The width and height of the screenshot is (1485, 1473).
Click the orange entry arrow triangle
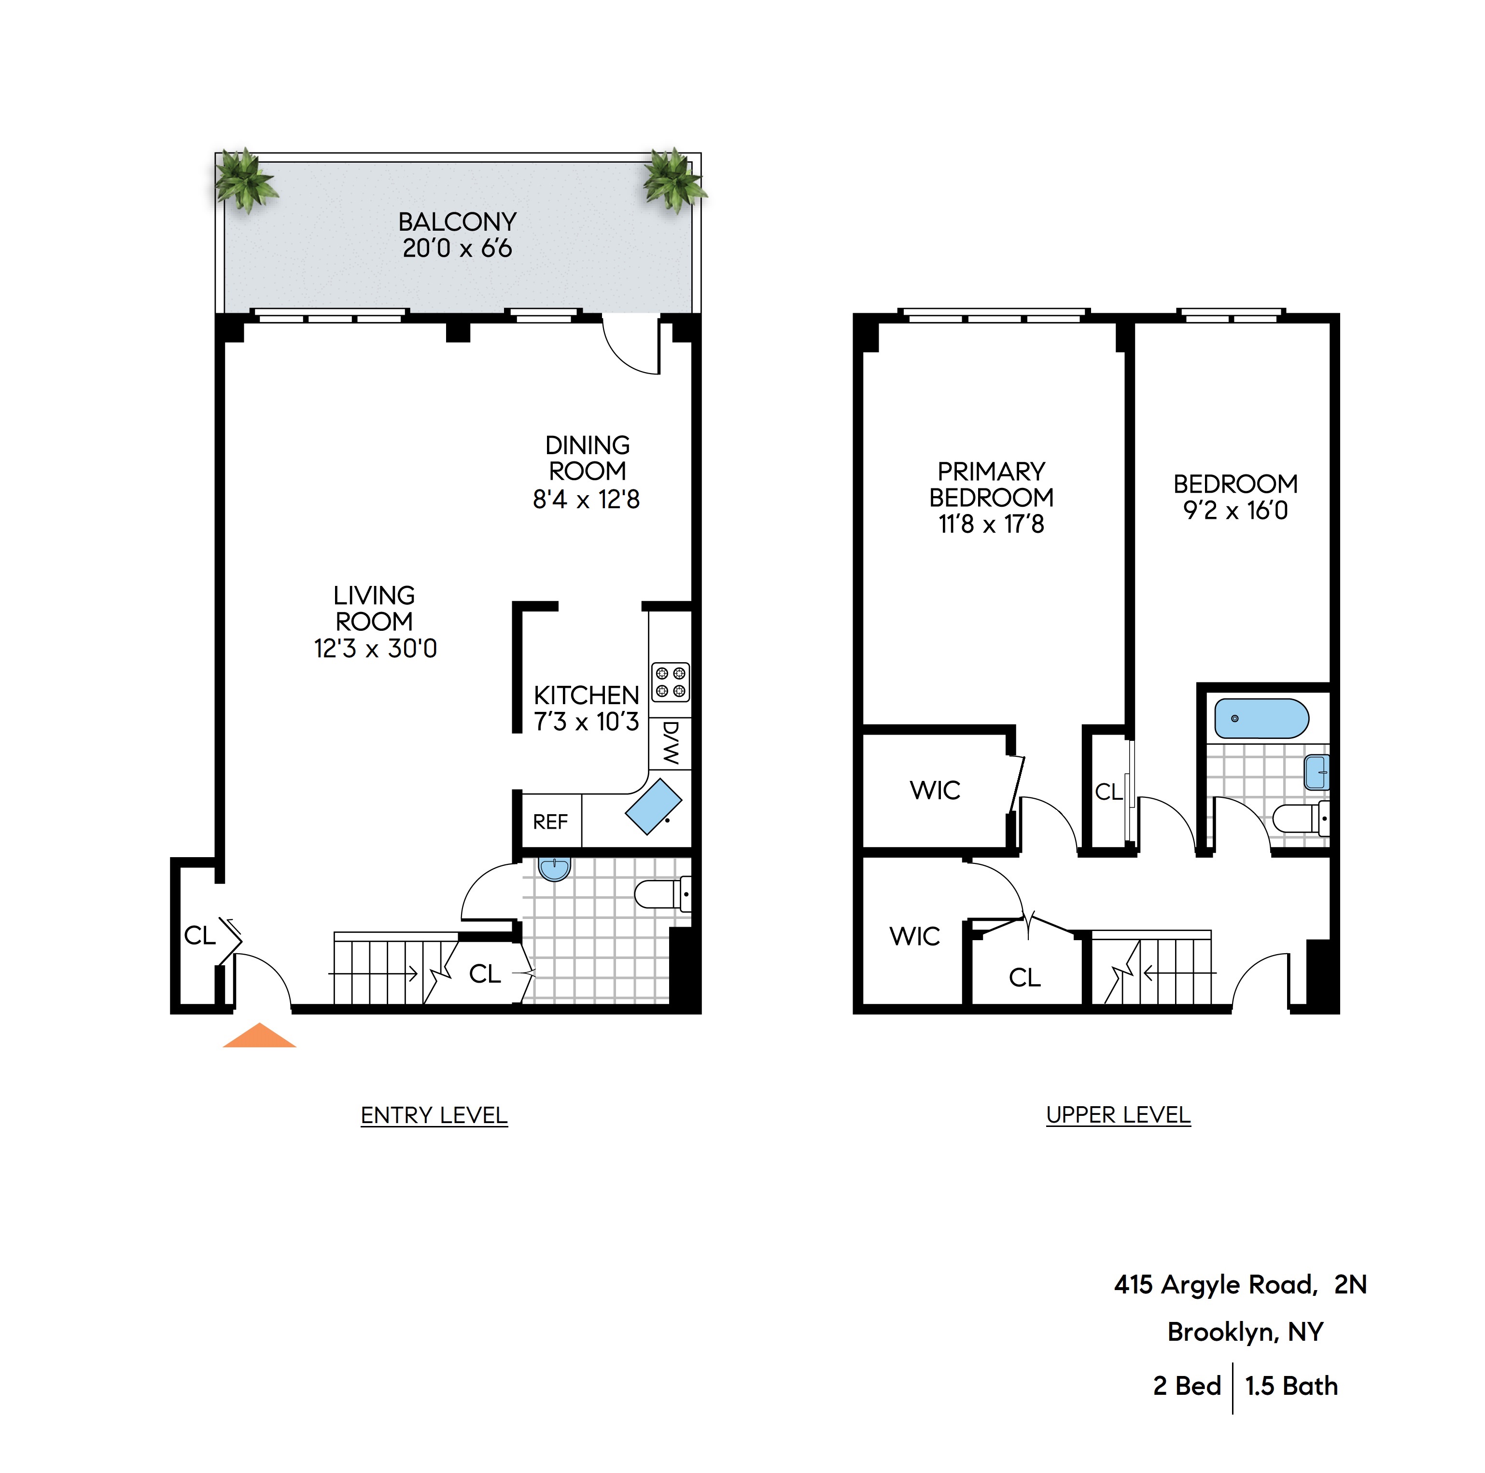[259, 1037]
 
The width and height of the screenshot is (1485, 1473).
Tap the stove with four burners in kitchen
[670, 681]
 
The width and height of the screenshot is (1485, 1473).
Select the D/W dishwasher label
[670, 743]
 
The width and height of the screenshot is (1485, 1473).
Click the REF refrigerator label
[550, 822]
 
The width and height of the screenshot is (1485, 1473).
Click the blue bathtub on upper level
[1261, 719]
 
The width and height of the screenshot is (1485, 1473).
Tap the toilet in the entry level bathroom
[661, 894]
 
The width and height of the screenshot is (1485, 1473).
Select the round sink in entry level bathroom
[554, 869]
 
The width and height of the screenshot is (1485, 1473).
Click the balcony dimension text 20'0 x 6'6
[457, 248]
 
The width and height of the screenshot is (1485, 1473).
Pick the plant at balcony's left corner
[244, 181]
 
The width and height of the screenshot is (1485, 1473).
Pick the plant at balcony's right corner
[674, 181]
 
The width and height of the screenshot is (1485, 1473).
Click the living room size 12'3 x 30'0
[375, 649]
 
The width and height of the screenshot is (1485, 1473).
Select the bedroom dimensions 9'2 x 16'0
[1235, 510]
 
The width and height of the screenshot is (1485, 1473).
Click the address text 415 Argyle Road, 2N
[1240, 1285]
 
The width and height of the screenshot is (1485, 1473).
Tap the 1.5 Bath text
[1291, 1386]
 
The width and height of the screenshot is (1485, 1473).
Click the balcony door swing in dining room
[630, 346]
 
